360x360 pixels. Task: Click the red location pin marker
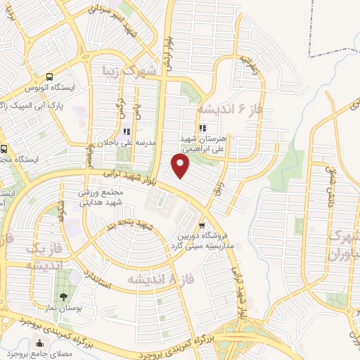[181, 167]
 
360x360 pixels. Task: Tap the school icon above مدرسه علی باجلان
[127, 131]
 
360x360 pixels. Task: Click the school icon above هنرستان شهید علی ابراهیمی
[203, 128]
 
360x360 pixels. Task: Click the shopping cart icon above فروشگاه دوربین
[202, 226]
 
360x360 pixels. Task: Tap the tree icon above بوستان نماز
[64, 297]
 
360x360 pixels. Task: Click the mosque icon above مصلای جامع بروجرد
[39, 344]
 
